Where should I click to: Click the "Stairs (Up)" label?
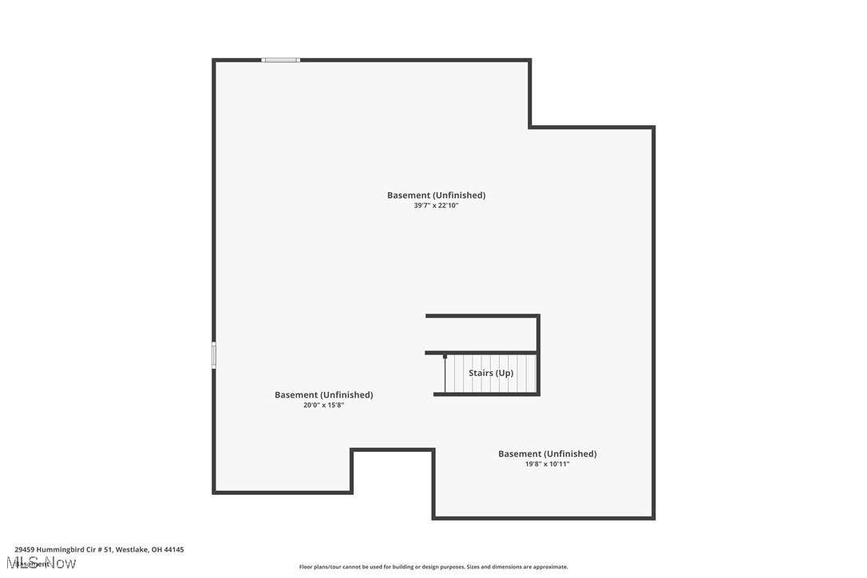tap(491, 374)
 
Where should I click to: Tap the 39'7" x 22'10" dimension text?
tap(436, 206)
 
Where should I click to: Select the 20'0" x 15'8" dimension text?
tap(323, 406)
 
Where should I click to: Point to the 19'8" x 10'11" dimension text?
tap(547, 464)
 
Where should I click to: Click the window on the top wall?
tap(281, 60)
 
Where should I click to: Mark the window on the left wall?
tap(214, 355)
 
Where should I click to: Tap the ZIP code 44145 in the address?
tap(174, 550)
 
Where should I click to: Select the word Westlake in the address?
tap(133, 550)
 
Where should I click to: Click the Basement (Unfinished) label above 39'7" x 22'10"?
tap(436, 196)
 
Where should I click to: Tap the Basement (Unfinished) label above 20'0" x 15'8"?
tap(323, 395)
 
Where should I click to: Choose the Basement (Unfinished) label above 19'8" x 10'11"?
tap(547, 454)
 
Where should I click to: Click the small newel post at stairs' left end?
tap(445, 357)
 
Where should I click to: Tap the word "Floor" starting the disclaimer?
tap(307, 568)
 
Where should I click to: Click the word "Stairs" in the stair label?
tap(480, 374)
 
